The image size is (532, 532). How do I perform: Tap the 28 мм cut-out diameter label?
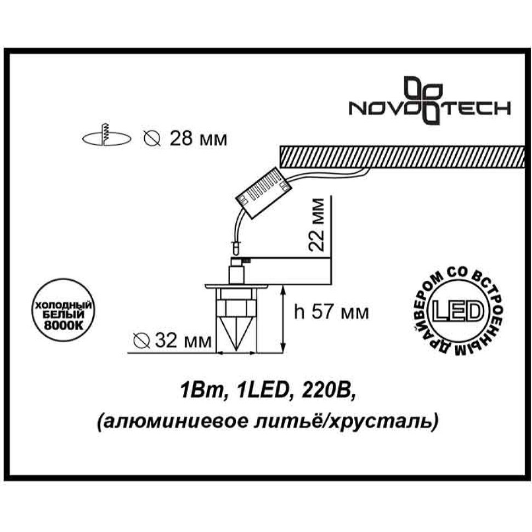[198, 139]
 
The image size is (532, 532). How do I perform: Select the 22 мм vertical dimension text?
[316, 225]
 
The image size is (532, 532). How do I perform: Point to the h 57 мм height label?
[331, 312]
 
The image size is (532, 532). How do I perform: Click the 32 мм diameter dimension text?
[183, 341]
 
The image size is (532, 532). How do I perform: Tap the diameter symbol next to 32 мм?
[142, 341]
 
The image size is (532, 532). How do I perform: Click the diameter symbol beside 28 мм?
[152, 139]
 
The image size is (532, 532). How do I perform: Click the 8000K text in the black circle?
[64, 326]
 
